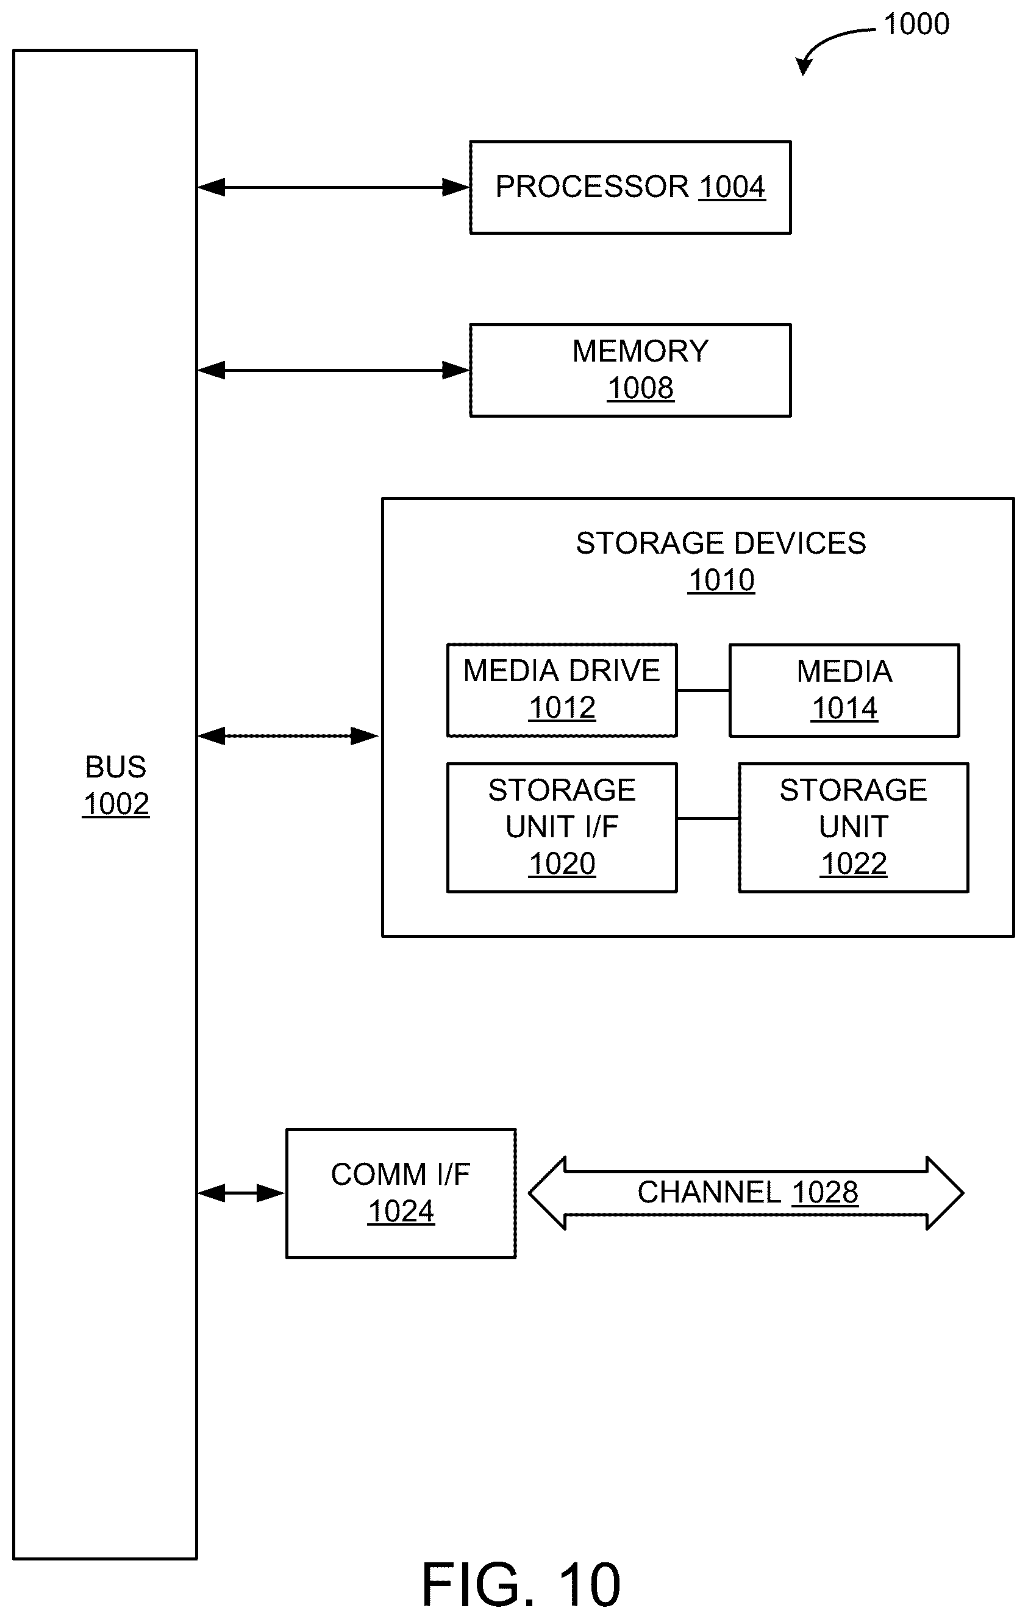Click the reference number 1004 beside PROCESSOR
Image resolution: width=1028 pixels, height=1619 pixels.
(x=732, y=187)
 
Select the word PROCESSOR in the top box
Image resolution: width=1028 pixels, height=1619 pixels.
(x=592, y=187)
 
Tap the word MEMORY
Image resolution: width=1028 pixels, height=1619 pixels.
(x=640, y=351)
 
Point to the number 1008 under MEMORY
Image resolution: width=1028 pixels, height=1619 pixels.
(x=640, y=388)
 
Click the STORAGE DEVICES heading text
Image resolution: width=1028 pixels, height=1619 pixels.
(x=721, y=543)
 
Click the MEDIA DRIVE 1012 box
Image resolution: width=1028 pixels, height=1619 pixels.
(x=562, y=690)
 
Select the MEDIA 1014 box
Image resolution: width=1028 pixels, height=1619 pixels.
(x=844, y=690)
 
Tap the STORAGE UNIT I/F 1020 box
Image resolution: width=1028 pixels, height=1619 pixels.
(x=562, y=827)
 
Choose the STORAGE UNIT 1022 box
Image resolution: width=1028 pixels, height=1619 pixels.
(x=854, y=827)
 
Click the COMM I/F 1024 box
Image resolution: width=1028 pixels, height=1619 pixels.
(x=401, y=1193)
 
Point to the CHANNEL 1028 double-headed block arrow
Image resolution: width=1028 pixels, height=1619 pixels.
(x=746, y=1193)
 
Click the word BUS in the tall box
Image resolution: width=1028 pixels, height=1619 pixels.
(x=116, y=767)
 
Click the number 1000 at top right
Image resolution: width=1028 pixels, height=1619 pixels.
(x=916, y=24)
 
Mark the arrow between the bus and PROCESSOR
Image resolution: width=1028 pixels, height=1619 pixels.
(x=334, y=188)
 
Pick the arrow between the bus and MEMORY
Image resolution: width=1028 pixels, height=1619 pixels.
(x=334, y=371)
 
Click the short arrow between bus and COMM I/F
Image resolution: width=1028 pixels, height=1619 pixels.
(x=241, y=1193)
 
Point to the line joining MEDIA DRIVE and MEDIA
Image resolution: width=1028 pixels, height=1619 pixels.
(x=703, y=690)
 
